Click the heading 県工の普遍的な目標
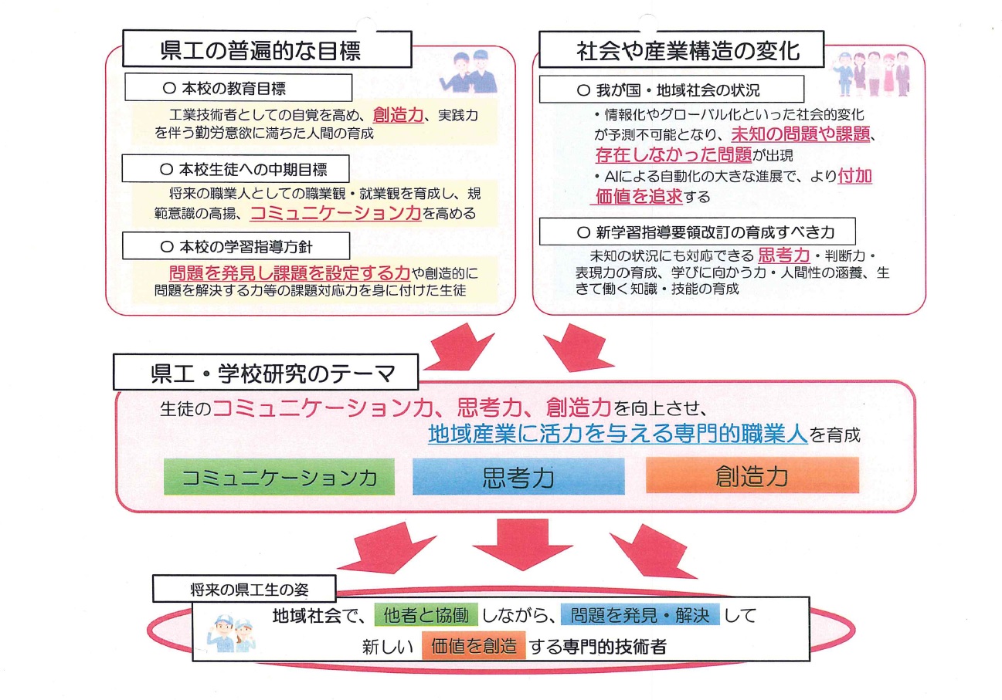[x=260, y=50]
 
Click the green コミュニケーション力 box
[x=279, y=477]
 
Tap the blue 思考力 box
[x=518, y=477]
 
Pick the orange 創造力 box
[x=752, y=475]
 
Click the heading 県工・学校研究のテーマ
[x=265, y=374]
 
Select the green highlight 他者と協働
[x=426, y=615]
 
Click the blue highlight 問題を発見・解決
[x=640, y=615]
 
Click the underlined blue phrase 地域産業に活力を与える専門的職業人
[x=618, y=435]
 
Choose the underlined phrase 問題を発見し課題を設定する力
[x=288, y=272]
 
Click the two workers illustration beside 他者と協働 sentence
[x=233, y=630]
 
